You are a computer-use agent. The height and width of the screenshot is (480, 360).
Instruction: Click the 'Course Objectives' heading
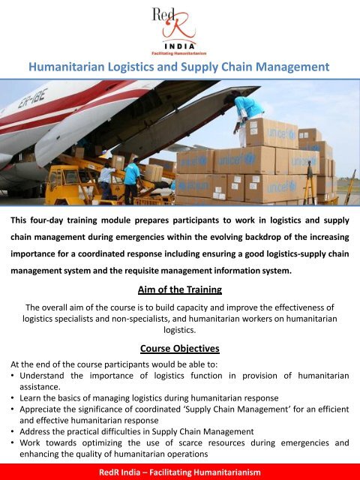(180, 348)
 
